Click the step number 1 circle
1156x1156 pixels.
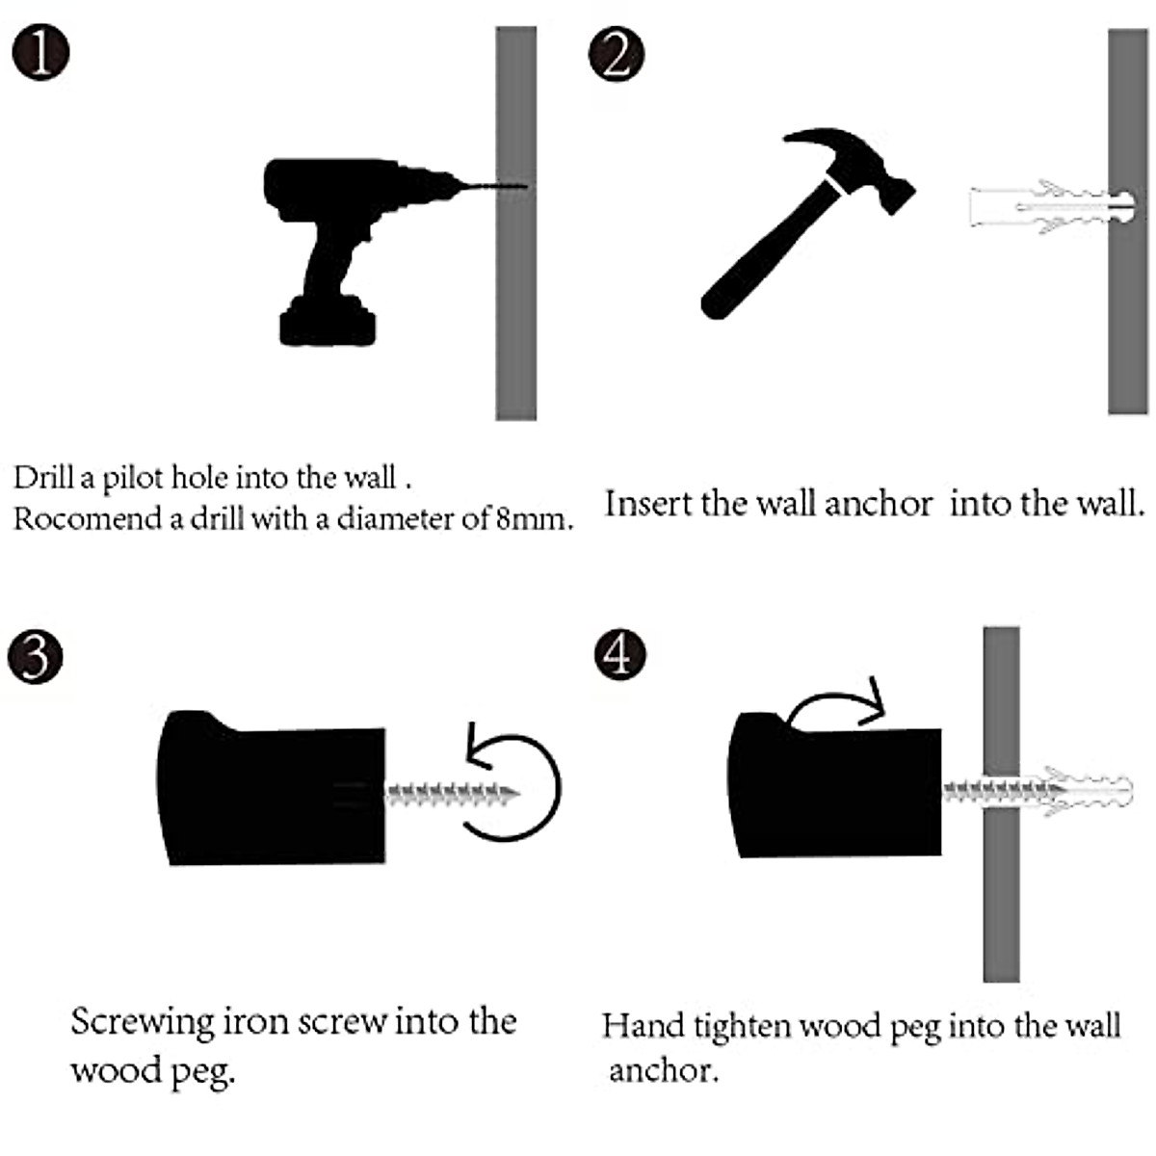[x=41, y=54]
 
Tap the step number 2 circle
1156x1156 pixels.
[x=617, y=54]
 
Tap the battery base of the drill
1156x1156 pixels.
[x=328, y=325]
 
